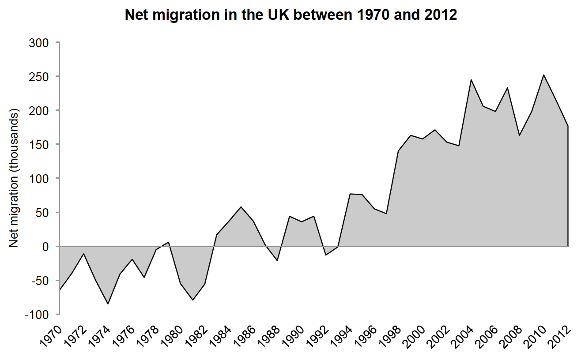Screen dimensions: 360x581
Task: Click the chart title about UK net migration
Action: [290, 15]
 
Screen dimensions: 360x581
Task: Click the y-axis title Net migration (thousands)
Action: [14, 178]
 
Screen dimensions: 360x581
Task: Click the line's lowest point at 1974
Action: [108, 304]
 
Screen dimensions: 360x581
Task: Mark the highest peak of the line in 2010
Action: [543, 75]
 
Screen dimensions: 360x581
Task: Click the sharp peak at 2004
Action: [471, 80]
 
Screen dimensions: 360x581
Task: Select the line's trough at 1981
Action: [192, 300]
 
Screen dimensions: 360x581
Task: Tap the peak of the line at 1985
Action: [241, 207]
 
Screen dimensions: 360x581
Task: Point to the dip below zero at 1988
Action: [277, 260]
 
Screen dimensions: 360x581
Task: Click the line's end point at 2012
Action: [568, 126]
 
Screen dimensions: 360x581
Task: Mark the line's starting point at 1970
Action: [59, 290]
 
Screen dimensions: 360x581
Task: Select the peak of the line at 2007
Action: [507, 88]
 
